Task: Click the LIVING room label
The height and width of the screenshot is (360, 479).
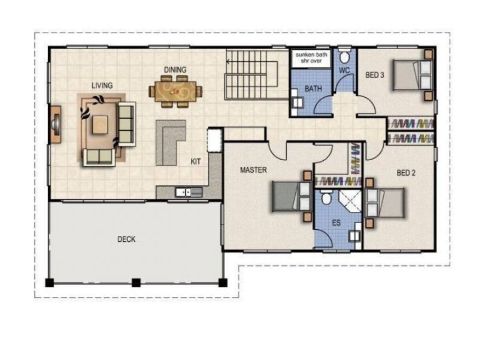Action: [x=102, y=85]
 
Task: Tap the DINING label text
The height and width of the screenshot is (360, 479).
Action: [x=175, y=70]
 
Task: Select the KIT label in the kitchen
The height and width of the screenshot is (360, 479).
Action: [x=196, y=161]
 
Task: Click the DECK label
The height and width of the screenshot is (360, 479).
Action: [x=126, y=239]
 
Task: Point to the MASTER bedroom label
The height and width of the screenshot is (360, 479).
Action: [x=253, y=170]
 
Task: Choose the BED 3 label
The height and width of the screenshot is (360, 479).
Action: [x=375, y=75]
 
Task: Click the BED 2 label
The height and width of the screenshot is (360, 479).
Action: [x=406, y=173]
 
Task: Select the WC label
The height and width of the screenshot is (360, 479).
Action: [x=344, y=70]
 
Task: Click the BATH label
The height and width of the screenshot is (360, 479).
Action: [x=313, y=89]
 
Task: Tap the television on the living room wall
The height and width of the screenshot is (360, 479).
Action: [x=56, y=125]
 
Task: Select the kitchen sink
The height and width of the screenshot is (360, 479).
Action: [x=183, y=192]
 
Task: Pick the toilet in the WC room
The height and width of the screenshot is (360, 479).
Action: [x=344, y=58]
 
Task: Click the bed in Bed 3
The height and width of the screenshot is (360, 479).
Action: [x=410, y=75]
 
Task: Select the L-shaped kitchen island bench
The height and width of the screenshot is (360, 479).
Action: [x=170, y=142]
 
